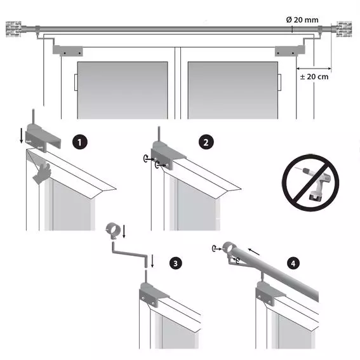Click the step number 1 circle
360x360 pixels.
pyautogui.click(x=79, y=142)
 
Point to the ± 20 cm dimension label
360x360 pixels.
pyautogui.click(x=314, y=77)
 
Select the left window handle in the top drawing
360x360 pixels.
pyautogui.click(x=76, y=83)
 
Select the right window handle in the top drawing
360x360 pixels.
pyautogui.click(x=279, y=83)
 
